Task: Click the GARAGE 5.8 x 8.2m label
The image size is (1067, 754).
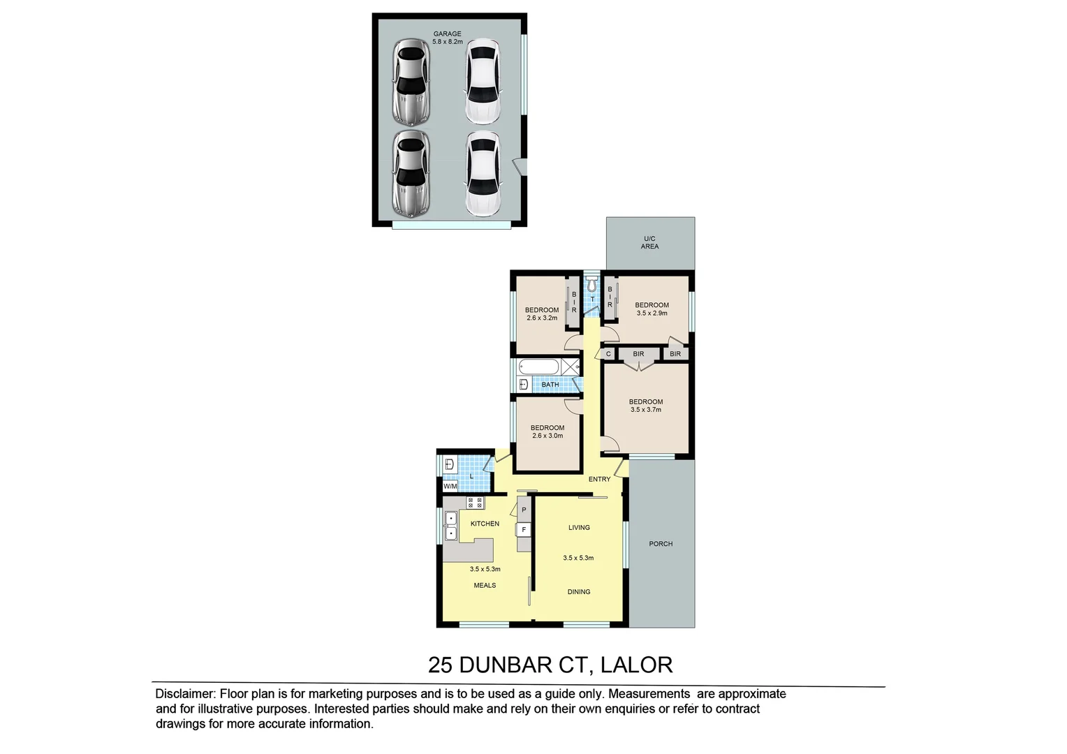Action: (447, 38)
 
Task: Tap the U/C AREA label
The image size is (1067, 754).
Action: (649, 242)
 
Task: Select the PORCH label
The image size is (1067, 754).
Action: (661, 544)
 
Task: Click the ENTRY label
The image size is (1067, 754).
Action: (599, 479)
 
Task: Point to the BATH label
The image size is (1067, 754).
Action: (550, 385)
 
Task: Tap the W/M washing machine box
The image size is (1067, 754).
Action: (450, 486)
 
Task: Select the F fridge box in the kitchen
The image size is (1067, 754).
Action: (524, 530)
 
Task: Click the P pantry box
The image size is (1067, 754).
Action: (524, 510)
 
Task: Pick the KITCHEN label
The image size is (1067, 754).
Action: (485, 524)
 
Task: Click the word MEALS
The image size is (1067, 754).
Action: (485, 585)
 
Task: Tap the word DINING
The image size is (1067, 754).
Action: (579, 592)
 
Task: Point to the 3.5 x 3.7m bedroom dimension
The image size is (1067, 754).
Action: (646, 410)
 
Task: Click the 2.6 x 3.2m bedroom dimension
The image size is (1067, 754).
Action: (542, 318)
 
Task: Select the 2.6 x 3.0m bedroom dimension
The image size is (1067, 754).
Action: (547, 436)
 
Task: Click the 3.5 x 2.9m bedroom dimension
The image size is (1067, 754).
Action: (652, 313)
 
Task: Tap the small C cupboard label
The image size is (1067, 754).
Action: (608, 354)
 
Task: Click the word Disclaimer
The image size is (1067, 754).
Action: (186, 694)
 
